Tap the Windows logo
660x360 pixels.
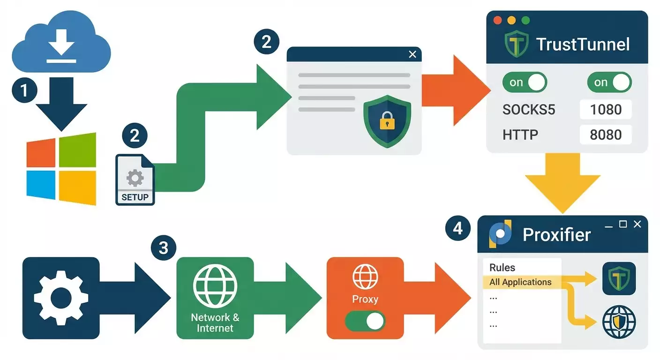61,169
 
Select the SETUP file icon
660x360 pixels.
135,180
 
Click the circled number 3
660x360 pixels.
164,247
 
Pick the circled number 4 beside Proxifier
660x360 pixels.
458,228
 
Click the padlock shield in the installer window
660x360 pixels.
387,121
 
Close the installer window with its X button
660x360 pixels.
412,54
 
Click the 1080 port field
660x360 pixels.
606,110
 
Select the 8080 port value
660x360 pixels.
606,135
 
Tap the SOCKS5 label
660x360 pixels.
529,110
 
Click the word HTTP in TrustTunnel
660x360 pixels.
520,135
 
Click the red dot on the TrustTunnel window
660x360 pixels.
498,21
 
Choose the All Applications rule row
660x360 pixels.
520,282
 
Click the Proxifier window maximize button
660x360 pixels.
622,225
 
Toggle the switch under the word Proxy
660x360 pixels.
365,322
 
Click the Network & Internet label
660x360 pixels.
215,322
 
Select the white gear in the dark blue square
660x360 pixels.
61,298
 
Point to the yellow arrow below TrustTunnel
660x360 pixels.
562,183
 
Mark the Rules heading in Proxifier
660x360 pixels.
502,268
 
